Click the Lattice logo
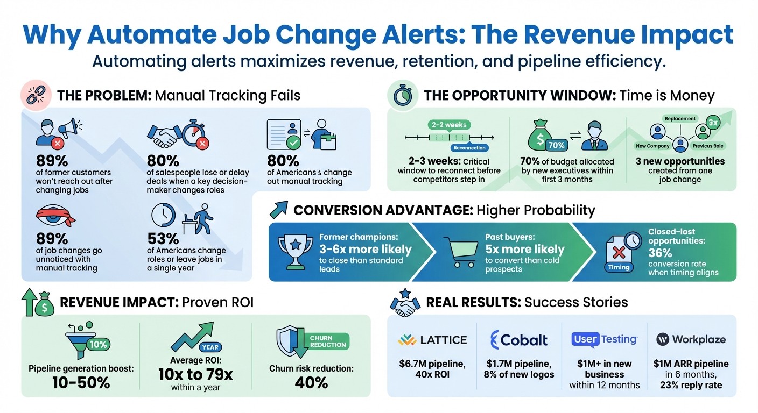[x=432, y=340]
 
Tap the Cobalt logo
[x=519, y=340]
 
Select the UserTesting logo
[x=604, y=339]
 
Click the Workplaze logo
[x=691, y=339]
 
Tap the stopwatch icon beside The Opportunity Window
[x=403, y=95]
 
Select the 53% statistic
[x=163, y=238]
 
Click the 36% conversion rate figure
[x=660, y=252]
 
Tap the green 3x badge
[x=713, y=123]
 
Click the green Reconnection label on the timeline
[x=469, y=148]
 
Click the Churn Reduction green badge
[x=328, y=341]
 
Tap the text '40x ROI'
[x=432, y=374]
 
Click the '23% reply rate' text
[x=691, y=385]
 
